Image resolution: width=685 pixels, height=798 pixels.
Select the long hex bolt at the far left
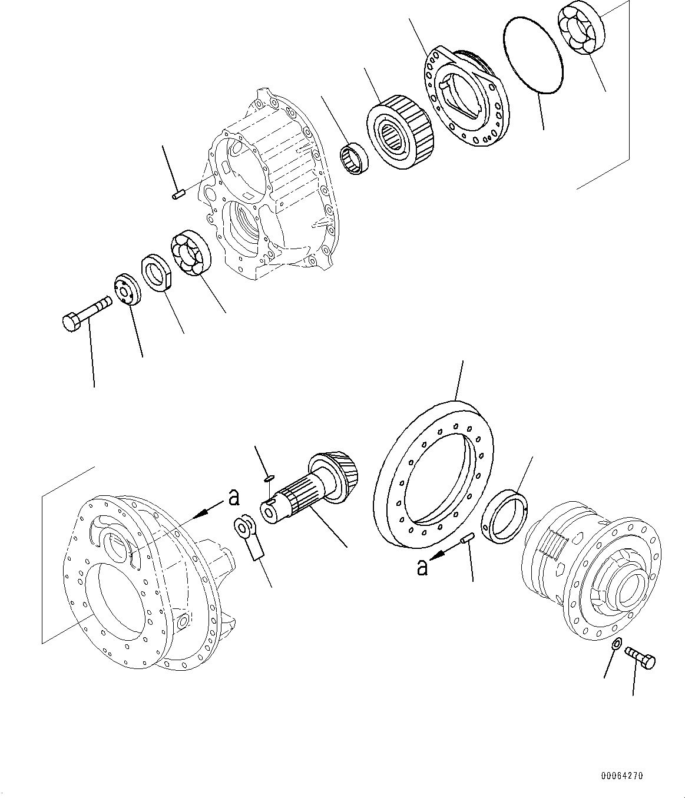85,313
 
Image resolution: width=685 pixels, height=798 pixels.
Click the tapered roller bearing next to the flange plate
401,127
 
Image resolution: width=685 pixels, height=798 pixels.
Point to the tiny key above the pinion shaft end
269,478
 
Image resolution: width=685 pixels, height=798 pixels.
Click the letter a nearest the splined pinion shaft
234,498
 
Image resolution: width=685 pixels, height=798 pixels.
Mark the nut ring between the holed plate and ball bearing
157,272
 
